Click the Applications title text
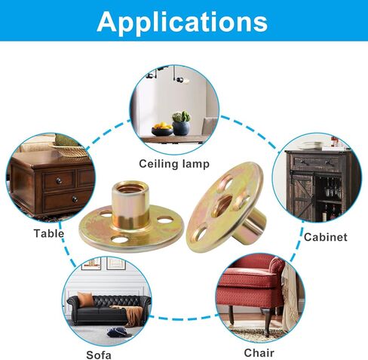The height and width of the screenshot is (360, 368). (x=182, y=22)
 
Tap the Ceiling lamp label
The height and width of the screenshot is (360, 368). (x=174, y=164)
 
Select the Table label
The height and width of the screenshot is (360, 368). (x=49, y=233)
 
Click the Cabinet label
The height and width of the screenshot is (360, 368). (x=326, y=237)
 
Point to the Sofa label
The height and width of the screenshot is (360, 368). (x=99, y=355)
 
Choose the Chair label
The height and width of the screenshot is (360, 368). (x=259, y=352)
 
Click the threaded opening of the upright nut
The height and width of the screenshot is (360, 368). (x=130, y=188)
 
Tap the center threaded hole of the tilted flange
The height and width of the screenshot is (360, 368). (x=222, y=206)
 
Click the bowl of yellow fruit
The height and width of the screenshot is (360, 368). (x=162, y=129)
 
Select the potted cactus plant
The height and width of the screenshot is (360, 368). (x=181, y=123)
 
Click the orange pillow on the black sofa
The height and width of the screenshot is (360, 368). (x=85, y=299)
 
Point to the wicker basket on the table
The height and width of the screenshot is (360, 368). (x=68, y=149)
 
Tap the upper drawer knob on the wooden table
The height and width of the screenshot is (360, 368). (x=60, y=181)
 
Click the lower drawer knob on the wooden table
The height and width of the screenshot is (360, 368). (x=75, y=199)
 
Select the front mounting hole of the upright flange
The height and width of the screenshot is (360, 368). (x=119, y=240)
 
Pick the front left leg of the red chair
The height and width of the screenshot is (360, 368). (x=231, y=315)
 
